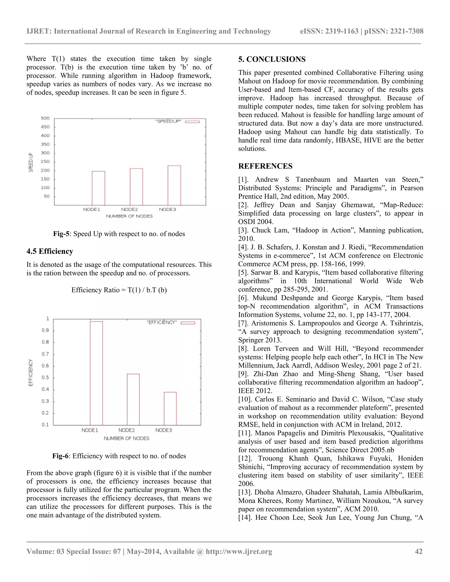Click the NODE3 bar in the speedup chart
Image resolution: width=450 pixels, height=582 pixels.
[174, 186]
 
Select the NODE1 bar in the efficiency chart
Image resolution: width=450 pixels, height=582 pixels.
[96, 373]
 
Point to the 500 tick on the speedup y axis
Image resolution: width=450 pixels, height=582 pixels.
[45, 118]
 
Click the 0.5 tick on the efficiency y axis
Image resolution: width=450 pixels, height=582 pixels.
[45, 378]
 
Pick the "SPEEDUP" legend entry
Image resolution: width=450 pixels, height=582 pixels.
[177, 121]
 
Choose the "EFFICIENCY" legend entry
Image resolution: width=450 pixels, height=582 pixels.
[171, 322]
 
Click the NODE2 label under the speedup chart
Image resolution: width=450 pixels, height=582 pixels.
[129, 210]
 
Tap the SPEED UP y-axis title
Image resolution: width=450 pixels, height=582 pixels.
[31, 162]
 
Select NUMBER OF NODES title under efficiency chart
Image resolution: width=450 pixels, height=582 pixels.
[126, 438]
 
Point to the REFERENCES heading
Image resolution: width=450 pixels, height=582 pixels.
[265, 166]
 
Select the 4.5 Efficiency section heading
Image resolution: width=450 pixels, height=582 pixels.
[50, 251]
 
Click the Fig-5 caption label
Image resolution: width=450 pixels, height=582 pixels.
[61, 234]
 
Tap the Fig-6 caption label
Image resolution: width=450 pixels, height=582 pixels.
[60, 456]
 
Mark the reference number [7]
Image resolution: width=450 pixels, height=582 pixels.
[243, 323]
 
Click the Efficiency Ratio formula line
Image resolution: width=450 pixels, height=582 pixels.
[119, 290]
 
